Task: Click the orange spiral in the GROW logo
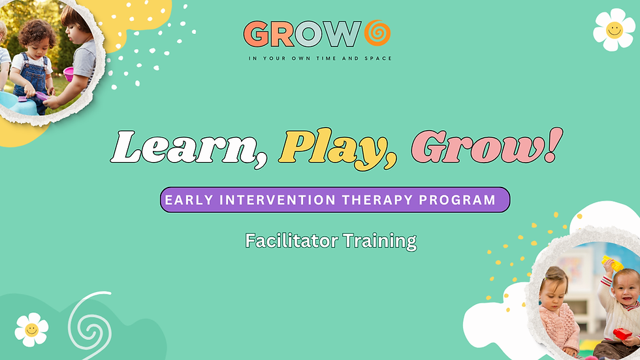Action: (377, 33)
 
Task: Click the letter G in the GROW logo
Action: (256, 34)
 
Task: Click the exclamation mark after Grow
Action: (554, 144)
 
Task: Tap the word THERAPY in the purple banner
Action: (377, 200)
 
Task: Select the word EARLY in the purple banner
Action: (189, 200)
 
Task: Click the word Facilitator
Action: (291, 241)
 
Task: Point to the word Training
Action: (379, 241)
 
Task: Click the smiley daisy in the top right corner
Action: (615, 30)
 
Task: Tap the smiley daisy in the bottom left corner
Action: (31, 330)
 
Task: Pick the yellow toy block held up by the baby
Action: (613, 263)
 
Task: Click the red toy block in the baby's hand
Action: (622, 334)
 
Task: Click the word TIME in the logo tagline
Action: (326, 58)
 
